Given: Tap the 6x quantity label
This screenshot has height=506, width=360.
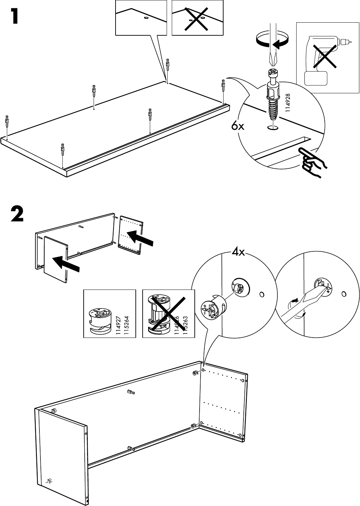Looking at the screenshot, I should click(237, 126).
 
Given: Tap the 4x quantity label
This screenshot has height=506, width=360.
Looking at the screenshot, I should click(238, 253).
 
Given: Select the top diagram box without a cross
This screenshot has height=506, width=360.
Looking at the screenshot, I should click(141, 18).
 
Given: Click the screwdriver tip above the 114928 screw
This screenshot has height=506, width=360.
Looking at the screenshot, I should click(273, 60).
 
